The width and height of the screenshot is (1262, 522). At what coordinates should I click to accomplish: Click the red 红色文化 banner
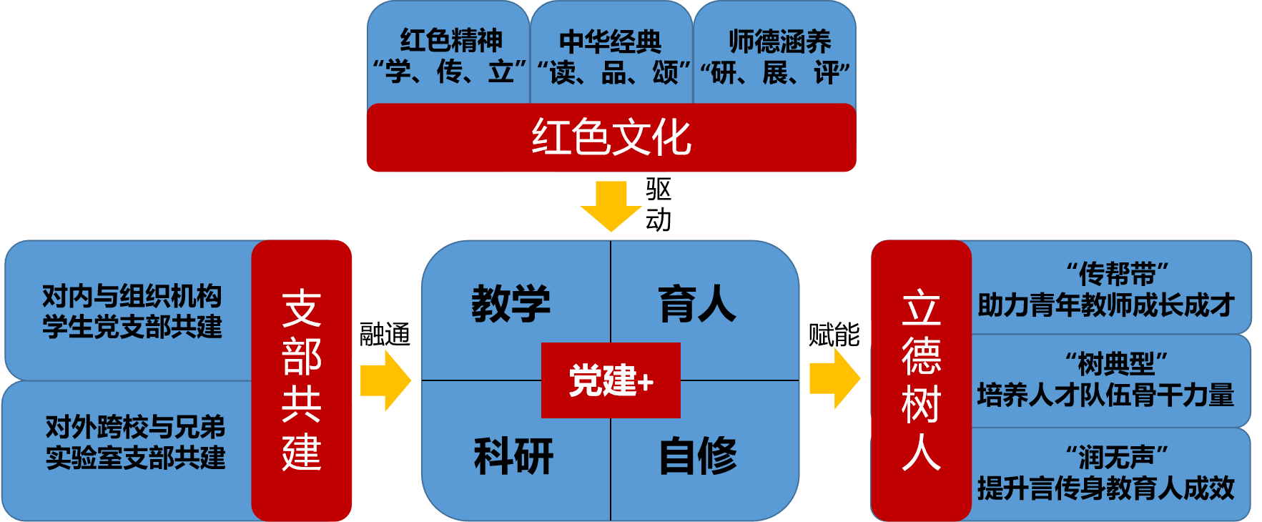click(x=611, y=137)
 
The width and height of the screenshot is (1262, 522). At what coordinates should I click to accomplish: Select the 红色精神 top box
click(x=449, y=56)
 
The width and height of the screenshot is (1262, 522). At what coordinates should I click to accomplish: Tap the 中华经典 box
click(x=611, y=56)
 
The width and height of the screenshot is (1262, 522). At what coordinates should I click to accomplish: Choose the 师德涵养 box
click(x=776, y=56)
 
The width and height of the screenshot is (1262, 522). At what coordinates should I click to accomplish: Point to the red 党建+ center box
click(x=611, y=380)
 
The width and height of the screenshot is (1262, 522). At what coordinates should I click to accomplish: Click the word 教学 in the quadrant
click(x=511, y=303)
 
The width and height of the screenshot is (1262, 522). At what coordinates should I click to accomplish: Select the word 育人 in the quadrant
click(x=697, y=303)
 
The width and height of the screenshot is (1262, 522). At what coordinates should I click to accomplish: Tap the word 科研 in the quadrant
click(x=513, y=455)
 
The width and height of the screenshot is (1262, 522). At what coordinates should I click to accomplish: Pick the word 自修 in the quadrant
click(x=698, y=455)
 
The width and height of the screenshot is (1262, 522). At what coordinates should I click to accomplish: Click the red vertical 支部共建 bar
click(x=301, y=380)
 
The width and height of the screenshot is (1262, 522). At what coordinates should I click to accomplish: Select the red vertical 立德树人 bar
click(x=921, y=380)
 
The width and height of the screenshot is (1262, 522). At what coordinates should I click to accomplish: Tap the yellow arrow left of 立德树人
click(x=834, y=378)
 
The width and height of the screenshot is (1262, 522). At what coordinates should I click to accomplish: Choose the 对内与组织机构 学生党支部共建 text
click(x=132, y=311)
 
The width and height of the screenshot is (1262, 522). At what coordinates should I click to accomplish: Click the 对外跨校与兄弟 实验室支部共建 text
click(x=135, y=442)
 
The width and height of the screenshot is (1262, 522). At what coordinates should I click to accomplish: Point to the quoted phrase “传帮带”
click(x=1116, y=274)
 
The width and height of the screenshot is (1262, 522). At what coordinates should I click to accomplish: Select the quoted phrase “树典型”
click(x=1116, y=365)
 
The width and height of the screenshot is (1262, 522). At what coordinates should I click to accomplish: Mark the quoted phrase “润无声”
click(x=1116, y=457)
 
